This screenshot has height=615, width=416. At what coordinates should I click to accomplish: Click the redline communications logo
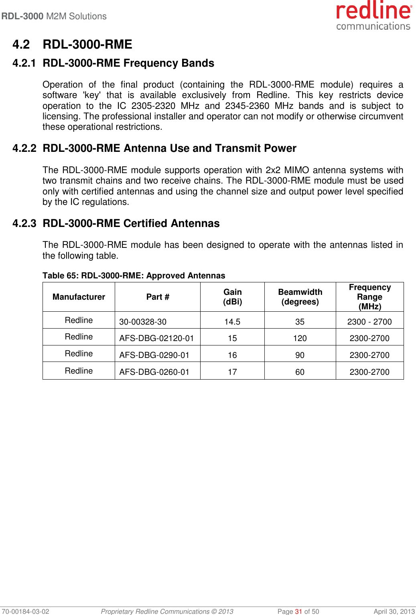[x=373, y=16]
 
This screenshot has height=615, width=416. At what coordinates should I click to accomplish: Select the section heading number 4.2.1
[x=24, y=63]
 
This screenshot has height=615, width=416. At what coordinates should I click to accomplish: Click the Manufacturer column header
[x=79, y=297]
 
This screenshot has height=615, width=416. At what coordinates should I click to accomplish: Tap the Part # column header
[x=158, y=297]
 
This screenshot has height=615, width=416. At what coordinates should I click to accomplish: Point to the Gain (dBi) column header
[x=232, y=297]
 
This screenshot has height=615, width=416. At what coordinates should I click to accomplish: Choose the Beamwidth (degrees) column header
[x=300, y=297]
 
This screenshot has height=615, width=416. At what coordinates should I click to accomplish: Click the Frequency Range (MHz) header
[x=369, y=297]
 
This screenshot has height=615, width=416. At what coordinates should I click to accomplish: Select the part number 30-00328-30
[x=143, y=322]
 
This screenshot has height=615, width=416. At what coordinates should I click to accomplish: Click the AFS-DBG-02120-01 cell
[x=156, y=338]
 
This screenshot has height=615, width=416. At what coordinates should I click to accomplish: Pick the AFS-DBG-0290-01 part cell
[x=154, y=355]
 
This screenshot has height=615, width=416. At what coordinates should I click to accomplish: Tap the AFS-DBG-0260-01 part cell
[x=154, y=372]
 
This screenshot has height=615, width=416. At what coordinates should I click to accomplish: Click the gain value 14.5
[x=232, y=322]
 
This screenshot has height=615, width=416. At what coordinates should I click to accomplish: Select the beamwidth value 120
[x=300, y=338]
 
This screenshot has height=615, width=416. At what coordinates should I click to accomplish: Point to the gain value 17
[x=232, y=372]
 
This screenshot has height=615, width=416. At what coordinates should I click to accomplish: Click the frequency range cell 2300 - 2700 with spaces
[x=369, y=322]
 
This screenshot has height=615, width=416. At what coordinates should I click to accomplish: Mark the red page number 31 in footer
[x=298, y=611]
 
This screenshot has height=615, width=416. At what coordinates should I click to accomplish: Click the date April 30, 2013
[x=394, y=611]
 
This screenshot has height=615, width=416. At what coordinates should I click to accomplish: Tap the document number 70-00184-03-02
[x=25, y=611]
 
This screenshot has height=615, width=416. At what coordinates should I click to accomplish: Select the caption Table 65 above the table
[x=134, y=276]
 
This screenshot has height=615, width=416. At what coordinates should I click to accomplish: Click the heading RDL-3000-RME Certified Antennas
[x=131, y=223]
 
